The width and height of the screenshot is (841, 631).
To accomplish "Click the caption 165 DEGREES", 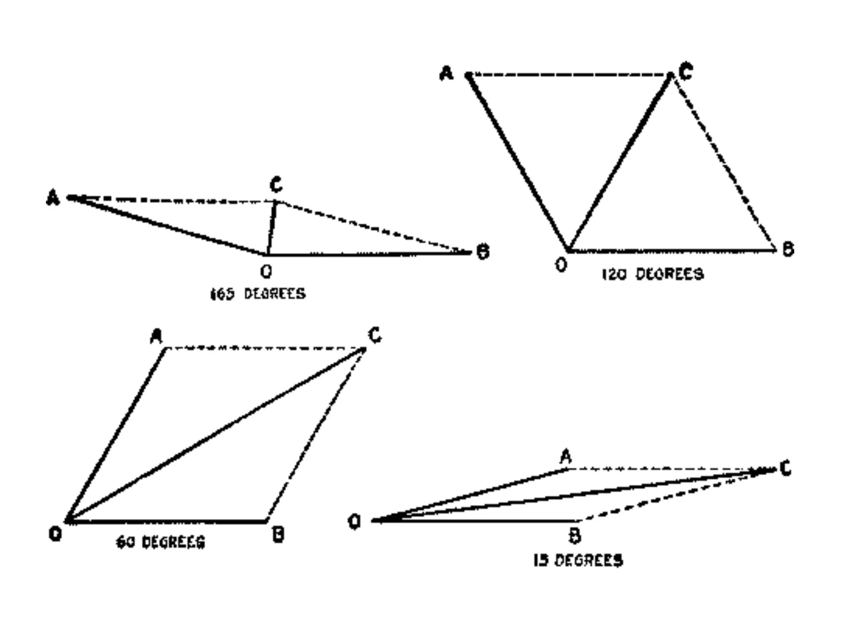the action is [x=258, y=294].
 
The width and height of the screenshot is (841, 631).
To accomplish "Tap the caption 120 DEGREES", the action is [x=653, y=274].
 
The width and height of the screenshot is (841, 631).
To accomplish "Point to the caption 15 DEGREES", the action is [x=578, y=560].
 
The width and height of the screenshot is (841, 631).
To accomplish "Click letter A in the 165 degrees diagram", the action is [x=53, y=198].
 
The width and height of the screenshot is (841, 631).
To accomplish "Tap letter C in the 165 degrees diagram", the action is [x=276, y=184].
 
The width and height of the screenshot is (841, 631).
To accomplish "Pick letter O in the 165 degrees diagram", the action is [x=266, y=271].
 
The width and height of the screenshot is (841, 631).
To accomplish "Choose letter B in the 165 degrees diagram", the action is [x=483, y=251].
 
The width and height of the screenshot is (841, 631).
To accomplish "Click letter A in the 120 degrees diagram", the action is [x=446, y=74].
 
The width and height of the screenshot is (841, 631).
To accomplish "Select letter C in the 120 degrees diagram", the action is [x=685, y=72].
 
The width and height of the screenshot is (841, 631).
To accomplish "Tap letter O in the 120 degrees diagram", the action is [x=561, y=265].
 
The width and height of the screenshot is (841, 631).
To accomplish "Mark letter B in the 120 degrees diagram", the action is [x=788, y=249].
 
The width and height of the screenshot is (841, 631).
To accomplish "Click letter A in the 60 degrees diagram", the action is [x=156, y=337].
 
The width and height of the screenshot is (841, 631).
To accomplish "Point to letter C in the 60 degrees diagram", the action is [x=375, y=335].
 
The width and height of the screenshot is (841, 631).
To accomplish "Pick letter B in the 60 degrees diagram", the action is [x=278, y=534].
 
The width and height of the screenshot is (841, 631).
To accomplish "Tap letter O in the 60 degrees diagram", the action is [x=55, y=534].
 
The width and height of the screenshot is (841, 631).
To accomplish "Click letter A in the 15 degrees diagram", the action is [x=566, y=456].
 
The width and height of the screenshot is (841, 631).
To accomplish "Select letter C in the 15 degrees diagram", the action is [x=785, y=468].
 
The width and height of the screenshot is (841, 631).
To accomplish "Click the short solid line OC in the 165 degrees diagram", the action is [x=271, y=228].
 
